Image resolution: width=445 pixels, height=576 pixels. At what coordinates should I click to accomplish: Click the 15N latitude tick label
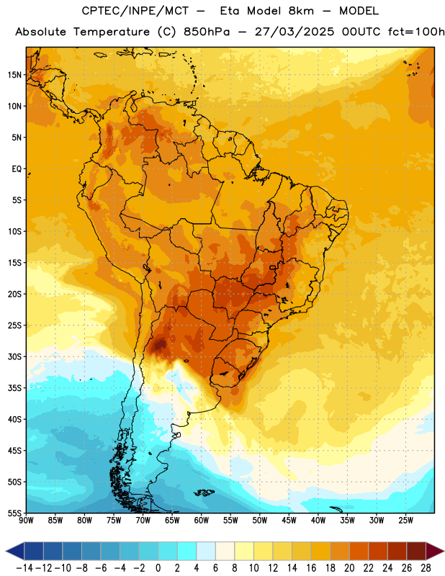(14, 75)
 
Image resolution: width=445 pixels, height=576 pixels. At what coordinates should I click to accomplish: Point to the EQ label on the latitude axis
(17, 169)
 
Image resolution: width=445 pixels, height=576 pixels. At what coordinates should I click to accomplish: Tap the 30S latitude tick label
(14, 356)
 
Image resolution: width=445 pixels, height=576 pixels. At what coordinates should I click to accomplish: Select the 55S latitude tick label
(14, 513)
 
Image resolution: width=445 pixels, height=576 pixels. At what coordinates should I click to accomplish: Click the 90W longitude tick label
(27, 521)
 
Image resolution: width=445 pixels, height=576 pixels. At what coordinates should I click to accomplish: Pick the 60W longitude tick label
(202, 521)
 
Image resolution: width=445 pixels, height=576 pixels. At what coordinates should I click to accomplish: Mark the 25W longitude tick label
(405, 521)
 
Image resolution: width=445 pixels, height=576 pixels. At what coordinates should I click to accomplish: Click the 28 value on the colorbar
(426, 568)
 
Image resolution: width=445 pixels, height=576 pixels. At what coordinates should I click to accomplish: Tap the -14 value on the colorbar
(24, 568)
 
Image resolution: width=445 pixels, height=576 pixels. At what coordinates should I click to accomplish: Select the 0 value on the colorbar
(158, 568)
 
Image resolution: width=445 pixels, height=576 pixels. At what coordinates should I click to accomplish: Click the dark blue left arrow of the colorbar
(15, 552)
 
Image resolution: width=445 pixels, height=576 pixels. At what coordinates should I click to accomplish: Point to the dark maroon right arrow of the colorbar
(436, 552)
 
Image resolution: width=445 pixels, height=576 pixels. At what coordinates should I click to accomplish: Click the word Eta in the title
(230, 11)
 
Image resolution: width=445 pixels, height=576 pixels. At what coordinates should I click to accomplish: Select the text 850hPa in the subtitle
(207, 32)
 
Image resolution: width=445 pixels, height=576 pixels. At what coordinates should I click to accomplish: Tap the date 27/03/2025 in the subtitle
(295, 32)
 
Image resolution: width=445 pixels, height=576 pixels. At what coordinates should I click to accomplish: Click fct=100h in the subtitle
(416, 32)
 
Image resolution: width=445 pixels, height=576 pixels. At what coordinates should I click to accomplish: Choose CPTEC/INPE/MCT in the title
(135, 11)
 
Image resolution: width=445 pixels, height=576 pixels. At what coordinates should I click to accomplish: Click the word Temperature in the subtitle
(112, 32)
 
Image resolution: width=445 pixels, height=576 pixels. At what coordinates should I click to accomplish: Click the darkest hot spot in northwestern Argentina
(160, 345)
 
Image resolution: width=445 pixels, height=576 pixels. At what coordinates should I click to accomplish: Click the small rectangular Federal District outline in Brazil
(272, 268)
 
